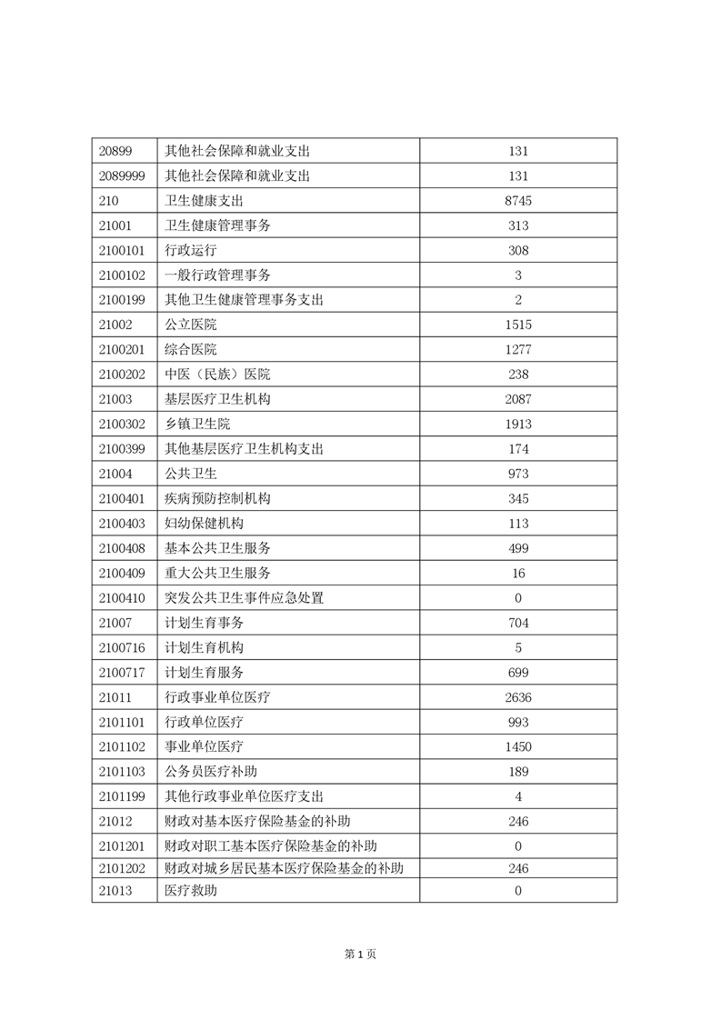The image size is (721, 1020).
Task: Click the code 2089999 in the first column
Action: point(120,176)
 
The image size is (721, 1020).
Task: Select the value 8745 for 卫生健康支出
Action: point(518,201)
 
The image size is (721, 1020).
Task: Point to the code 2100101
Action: point(120,250)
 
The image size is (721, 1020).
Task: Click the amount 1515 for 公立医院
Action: point(518,325)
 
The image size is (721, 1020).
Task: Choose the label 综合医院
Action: point(191,349)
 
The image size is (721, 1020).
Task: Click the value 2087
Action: point(518,399)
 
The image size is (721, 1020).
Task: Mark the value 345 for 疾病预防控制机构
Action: point(518,498)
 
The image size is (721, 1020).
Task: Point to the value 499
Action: point(518,548)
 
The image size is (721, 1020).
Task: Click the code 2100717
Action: point(120,672)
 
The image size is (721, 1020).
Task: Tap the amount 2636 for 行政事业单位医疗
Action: point(518,697)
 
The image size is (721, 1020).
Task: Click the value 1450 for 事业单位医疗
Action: point(518,746)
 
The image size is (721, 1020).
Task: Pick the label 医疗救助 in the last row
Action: point(191,891)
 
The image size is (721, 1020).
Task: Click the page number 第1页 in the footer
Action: point(360,954)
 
